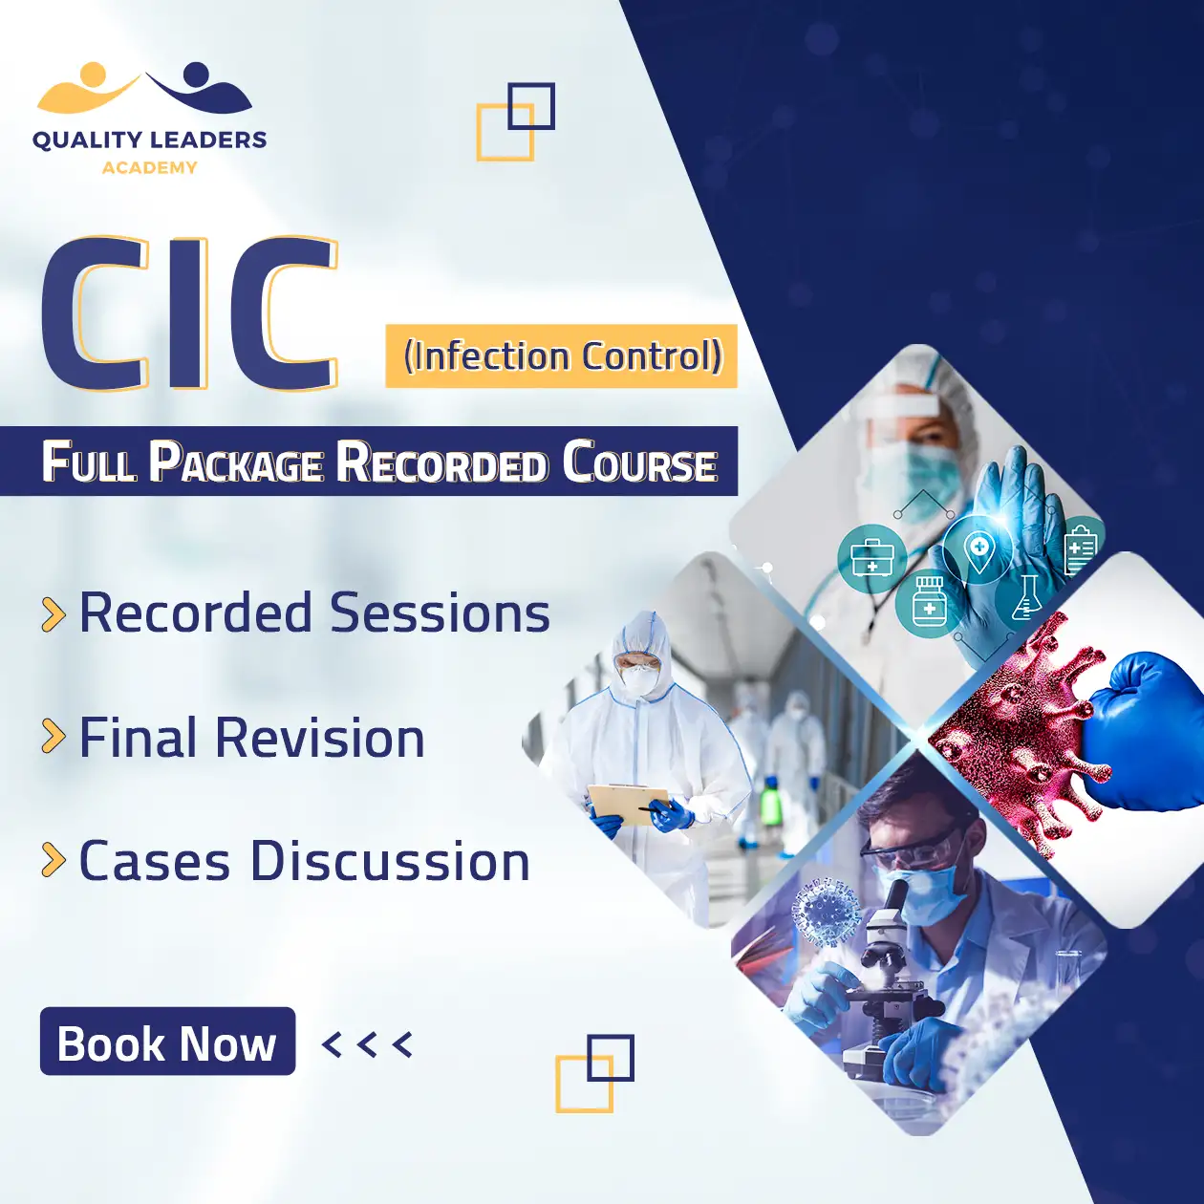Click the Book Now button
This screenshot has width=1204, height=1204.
[x=167, y=1043]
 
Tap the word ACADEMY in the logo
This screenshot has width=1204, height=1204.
[x=149, y=167]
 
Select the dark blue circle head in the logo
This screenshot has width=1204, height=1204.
[x=197, y=75]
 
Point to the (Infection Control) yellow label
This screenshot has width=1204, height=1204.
[x=561, y=355]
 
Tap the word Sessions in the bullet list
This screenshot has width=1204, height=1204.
[x=440, y=613]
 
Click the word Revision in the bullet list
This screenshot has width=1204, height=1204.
[x=320, y=738]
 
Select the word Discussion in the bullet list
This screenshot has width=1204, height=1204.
[x=391, y=860]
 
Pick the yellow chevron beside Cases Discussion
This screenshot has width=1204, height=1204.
[x=54, y=860]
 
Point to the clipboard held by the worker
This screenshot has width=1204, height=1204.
[x=628, y=804]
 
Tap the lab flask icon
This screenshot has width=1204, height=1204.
[x=1024, y=597]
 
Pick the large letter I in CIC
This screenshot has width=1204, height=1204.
[x=188, y=313]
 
